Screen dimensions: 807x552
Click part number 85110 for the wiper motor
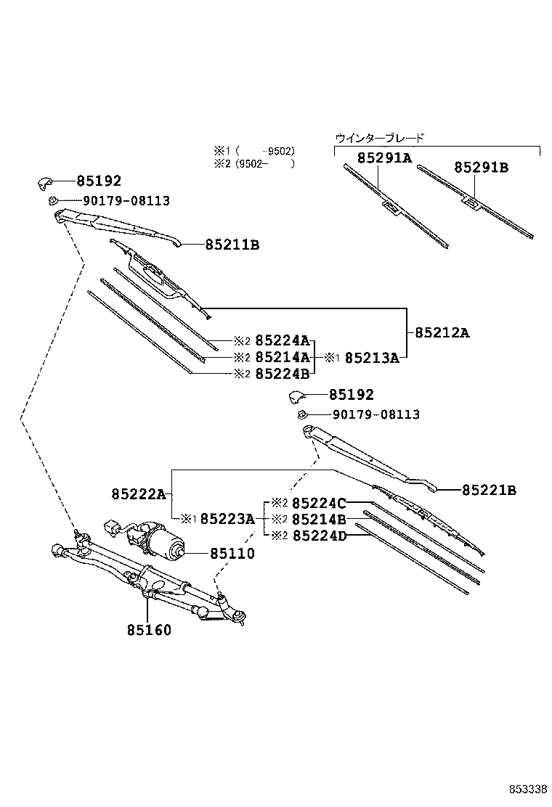(232, 554)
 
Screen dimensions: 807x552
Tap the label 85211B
(232, 245)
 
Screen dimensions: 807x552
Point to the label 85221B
(489, 491)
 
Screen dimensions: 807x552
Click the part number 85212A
(442, 333)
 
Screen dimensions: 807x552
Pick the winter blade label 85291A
(384, 157)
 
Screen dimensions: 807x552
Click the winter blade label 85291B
(482, 168)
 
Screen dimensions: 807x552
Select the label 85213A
(371, 357)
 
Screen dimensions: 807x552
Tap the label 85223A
(227, 518)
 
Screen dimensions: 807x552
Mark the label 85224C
(319, 502)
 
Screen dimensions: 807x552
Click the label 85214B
(319, 519)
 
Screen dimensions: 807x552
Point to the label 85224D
(319, 536)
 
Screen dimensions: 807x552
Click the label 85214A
(283, 357)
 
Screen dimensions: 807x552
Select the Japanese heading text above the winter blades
(379, 137)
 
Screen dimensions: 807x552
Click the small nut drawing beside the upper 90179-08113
(53, 200)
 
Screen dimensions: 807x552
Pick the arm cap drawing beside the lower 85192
(299, 396)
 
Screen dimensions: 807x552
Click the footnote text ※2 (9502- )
(253, 164)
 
